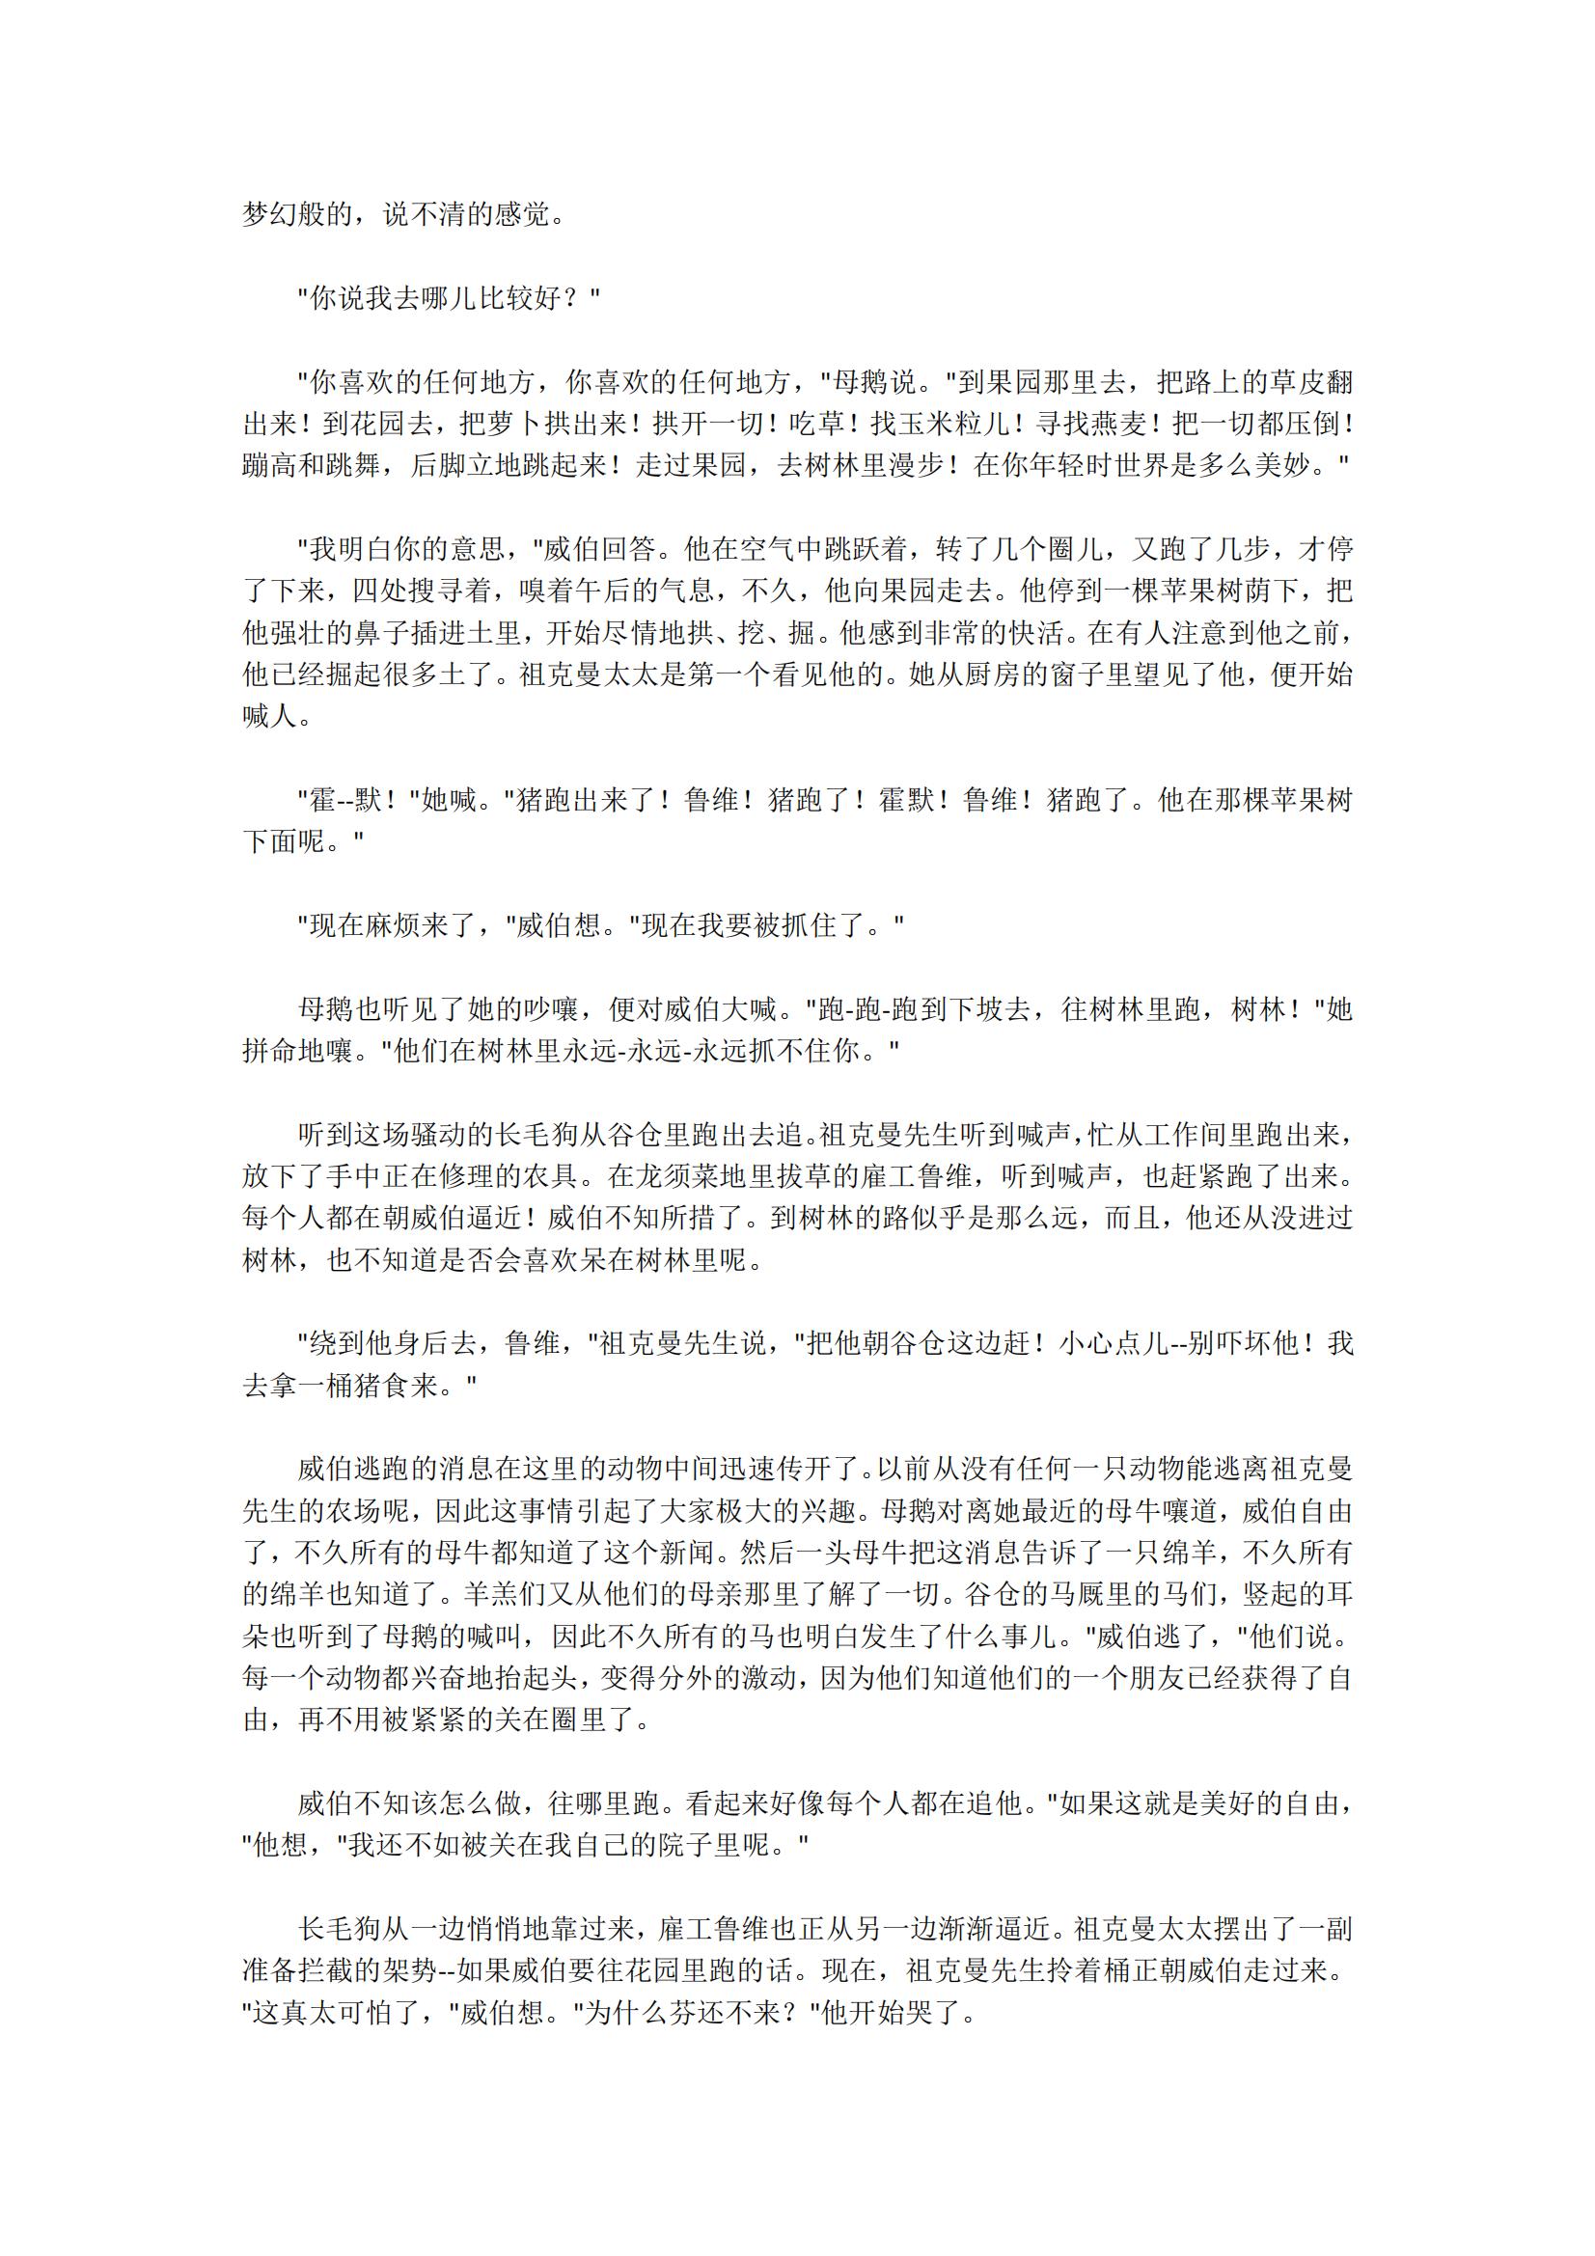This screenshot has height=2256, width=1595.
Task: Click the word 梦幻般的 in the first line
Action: [x=298, y=214]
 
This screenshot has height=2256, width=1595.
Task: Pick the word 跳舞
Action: [x=353, y=466]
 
